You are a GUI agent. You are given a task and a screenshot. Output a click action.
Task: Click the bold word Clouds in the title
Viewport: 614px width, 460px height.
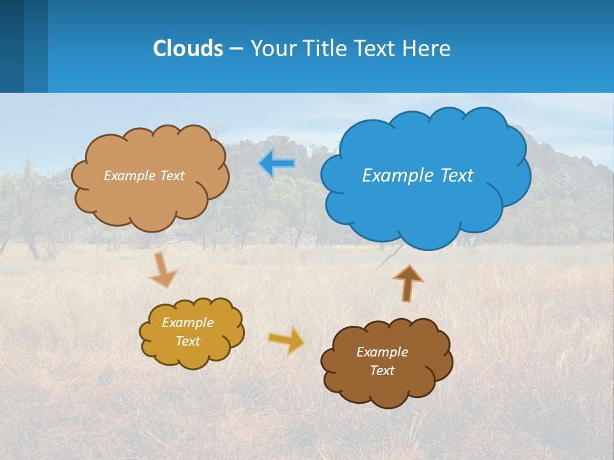[188, 49]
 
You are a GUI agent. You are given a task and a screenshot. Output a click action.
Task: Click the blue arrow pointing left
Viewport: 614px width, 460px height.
[277, 164]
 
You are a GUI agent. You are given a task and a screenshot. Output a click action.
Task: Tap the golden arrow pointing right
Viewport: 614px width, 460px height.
[287, 340]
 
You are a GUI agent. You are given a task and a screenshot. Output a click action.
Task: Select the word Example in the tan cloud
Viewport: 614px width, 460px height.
[129, 176]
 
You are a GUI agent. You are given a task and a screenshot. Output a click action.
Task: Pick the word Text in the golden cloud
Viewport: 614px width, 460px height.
[187, 341]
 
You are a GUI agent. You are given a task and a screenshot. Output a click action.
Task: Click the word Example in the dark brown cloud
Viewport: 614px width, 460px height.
[382, 352]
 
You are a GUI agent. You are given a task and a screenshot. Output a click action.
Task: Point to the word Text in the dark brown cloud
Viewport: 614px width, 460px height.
[382, 371]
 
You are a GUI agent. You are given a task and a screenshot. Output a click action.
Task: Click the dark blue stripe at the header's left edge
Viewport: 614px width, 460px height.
[12, 46]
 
